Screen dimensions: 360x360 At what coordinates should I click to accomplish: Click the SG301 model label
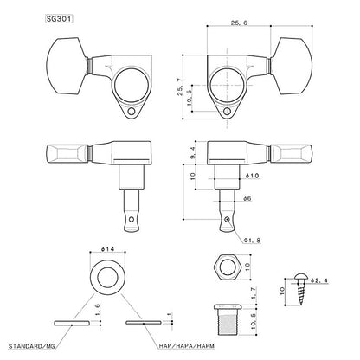[x=59, y=19]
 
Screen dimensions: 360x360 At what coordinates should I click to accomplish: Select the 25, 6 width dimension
[x=239, y=23]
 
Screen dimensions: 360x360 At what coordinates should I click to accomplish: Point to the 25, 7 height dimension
[x=181, y=87]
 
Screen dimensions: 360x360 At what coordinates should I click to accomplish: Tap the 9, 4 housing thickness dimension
[x=194, y=152]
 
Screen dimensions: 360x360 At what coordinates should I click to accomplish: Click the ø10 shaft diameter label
[x=252, y=176]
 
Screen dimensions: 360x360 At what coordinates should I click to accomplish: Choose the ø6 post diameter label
[x=247, y=198]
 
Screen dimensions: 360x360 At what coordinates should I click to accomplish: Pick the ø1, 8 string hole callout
[x=252, y=240]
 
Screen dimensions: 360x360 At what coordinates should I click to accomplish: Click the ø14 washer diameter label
[x=107, y=249]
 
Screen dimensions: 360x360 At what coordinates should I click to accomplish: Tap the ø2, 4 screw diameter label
[x=319, y=280]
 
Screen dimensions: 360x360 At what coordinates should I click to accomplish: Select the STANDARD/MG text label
[x=32, y=346]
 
